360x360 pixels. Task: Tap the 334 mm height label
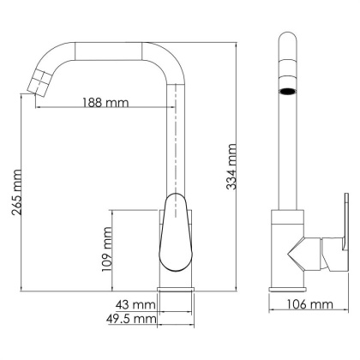click(x=231, y=167)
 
